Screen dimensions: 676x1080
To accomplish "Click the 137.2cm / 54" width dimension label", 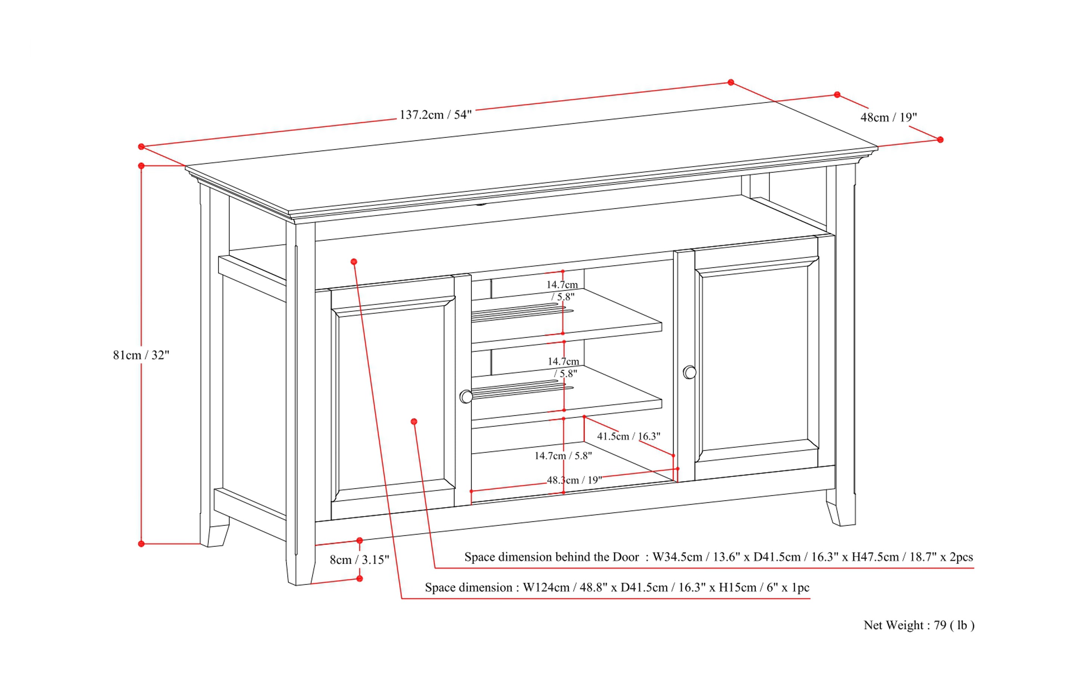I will click(435, 115).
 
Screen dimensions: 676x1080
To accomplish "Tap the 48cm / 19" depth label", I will click(889, 118).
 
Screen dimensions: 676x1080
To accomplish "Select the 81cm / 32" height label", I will click(141, 355).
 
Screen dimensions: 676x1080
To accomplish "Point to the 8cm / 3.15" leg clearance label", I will click(359, 560).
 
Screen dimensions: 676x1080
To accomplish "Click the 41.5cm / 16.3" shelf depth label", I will click(629, 436).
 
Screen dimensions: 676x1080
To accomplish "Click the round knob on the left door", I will click(466, 397).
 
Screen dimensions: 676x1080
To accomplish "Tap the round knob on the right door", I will click(689, 372).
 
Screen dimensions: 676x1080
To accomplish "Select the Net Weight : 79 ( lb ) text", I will click(919, 625).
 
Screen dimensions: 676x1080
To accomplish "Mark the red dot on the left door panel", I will click(414, 422).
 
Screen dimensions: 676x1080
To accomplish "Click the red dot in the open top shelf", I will click(354, 261).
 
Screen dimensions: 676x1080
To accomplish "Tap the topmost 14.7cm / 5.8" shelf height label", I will click(562, 290).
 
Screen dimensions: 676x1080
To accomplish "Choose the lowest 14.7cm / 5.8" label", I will click(563, 456).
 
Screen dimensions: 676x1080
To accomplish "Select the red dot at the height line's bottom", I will click(141, 544).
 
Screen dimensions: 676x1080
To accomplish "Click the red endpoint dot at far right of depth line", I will click(940, 140).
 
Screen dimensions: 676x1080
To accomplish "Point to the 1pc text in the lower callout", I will click(800, 587).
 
